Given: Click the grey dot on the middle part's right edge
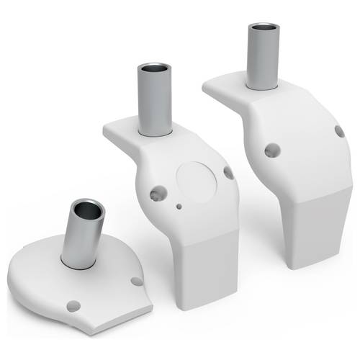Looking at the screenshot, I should [228, 173].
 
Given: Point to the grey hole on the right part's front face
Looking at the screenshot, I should [272, 150].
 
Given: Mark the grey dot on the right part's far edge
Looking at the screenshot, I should [339, 131].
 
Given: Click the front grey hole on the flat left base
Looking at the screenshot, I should [72, 305].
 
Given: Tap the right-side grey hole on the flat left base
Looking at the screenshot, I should [137, 282].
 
